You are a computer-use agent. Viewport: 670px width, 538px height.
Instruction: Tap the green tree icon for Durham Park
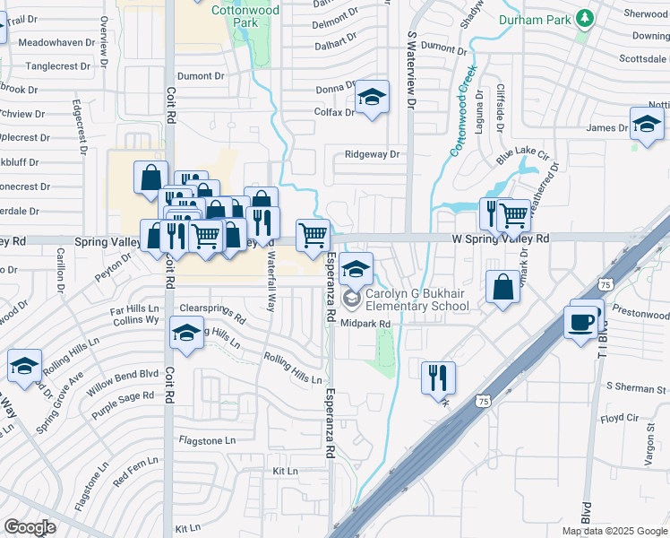click(x=585, y=17)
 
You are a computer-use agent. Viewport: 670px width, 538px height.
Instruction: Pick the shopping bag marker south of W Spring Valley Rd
click(x=503, y=287)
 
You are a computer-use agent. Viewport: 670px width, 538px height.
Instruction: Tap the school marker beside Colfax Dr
click(x=372, y=99)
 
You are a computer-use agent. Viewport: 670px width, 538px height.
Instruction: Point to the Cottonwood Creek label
click(x=463, y=110)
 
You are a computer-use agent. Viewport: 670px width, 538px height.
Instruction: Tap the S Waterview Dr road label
click(x=411, y=70)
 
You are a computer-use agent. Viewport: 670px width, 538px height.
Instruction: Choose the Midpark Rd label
click(x=367, y=324)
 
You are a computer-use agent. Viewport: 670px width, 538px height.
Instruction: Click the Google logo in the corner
click(x=30, y=527)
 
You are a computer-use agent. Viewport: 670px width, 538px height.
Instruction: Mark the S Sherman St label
click(x=636, y=386)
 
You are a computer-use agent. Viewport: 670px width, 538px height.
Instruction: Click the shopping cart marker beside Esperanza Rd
click(x=313, y=235)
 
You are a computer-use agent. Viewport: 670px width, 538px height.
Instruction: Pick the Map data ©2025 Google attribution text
click(x=614, y=531)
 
